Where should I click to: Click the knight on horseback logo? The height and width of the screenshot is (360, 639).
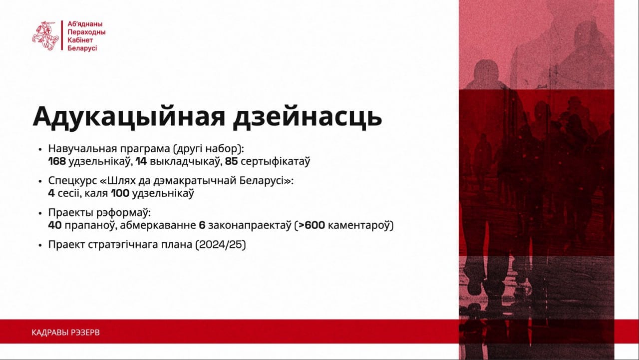click(x=45, y=35)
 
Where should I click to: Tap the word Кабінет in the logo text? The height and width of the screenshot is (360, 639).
click(x=80, y=40)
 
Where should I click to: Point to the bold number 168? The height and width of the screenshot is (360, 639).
click(x=57, y=161)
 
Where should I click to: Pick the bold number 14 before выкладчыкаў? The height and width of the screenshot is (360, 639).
click(x=141, y=161)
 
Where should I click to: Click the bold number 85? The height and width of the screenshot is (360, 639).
click(x=231, y=161)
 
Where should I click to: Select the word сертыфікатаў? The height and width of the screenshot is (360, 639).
click(x=275, y=162)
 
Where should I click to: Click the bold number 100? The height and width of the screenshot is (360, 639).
click(x=120, y=193)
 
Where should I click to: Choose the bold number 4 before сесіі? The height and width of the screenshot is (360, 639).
click(x=51, y=193)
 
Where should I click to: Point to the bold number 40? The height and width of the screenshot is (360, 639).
click(x=55, y=225)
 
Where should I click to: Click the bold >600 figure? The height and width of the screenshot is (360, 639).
click(x=311, y=225)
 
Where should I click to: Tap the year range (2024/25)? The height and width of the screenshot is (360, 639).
click(x=221, y=245)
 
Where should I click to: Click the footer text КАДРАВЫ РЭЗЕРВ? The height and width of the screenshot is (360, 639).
click(x=65, y=333)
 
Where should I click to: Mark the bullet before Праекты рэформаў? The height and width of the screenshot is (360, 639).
click(x=40, y=213)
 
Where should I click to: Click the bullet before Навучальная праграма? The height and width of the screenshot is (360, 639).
click(x=40, y=149)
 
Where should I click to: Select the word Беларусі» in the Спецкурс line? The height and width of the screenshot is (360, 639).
click(x=266, y=181)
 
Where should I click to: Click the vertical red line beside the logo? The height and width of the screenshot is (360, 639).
click(x=62, y=35)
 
